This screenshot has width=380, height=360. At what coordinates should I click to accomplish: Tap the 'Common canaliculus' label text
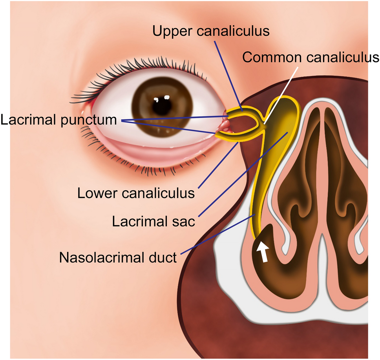(x=311, y=57)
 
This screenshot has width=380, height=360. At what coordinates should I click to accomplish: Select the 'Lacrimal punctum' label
(x=59, y=120)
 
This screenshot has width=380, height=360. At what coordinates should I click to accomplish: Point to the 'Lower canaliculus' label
(x=136, y=193)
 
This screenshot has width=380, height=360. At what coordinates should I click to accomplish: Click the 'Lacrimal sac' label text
(x=153, y=221)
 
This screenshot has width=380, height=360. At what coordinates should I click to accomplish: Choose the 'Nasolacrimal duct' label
(x=118, y=258)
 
